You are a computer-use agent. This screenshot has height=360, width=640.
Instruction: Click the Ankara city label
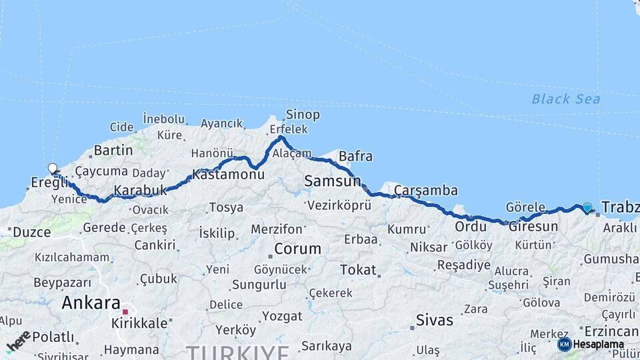click(x=91, y=303)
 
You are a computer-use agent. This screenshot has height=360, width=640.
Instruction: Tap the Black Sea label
click(x=565, y=99)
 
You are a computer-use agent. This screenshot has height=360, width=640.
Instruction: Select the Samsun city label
click(x=332, y=181)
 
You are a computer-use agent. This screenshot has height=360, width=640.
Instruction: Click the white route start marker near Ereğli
click(x=53, y=169)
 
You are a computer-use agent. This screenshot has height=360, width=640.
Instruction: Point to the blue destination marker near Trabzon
click(x=587, y=207)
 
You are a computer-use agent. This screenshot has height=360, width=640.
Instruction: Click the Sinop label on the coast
click(x=303, y=115)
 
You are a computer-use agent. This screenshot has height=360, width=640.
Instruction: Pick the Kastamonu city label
click(x=228, y=175)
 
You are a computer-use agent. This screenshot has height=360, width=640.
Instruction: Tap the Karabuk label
click(x=140, y=191)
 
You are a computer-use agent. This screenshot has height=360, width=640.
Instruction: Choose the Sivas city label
click(x=434, y=320)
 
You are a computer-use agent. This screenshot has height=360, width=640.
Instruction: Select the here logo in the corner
click(x=18, y=341)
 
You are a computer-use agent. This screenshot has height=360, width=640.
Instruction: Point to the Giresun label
click(x=533, y=227)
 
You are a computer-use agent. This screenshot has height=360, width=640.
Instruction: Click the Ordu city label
click(x=471, y=227)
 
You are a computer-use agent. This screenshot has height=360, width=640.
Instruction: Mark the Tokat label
click(x=358, y=270)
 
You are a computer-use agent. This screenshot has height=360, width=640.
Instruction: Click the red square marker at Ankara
click(x=125, y=311)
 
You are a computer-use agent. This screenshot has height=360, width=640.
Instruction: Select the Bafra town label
click(x=355, y=157)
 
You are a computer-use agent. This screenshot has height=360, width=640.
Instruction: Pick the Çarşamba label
click(x=426, y=191)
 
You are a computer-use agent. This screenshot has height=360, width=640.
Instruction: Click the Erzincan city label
click(x=611, y=331)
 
